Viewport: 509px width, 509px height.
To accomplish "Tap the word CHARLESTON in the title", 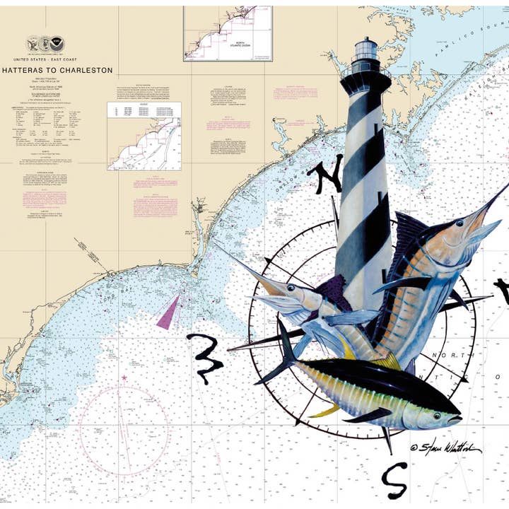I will click(88, 71).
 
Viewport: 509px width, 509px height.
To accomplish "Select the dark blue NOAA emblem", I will click(59, 45).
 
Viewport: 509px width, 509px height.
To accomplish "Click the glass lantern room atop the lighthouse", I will click(366, 49).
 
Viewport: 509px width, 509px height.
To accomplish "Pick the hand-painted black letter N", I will click(327, 177).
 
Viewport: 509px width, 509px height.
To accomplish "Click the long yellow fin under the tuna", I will click(327, 410).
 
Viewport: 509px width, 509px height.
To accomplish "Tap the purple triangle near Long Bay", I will click(169, 310).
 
